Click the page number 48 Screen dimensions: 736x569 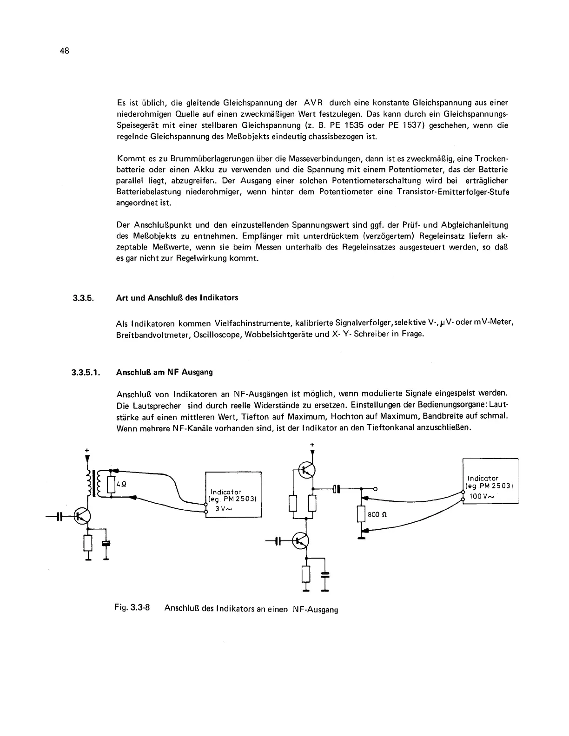tap(64, 52)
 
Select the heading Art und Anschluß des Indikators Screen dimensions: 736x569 tap(177, 297)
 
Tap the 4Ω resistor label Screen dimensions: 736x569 tap(119, 483)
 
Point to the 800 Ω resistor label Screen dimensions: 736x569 tap(377, 515)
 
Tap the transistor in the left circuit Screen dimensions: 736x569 tap(82, 516)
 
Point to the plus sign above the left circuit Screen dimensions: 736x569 tap(86, 450)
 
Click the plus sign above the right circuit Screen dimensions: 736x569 tap(311, 445)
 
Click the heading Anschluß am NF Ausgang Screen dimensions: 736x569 tap(165, 372)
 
